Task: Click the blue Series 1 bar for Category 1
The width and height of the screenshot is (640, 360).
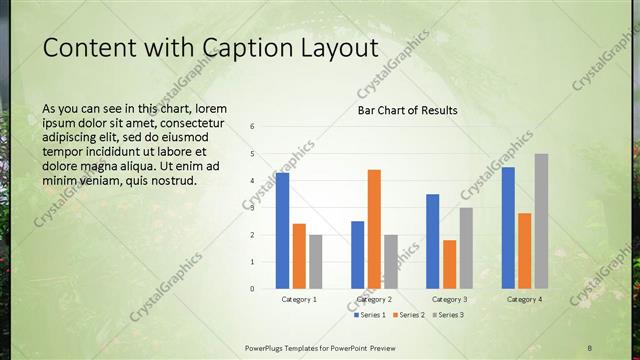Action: [282, 231]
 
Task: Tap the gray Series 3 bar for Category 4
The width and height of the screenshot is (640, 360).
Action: [541, 221]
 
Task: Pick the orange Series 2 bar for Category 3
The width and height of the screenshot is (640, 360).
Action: [449, 264]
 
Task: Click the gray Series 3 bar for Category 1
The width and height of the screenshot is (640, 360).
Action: [315, 262]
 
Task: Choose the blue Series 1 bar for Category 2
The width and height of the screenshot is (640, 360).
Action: [357, 255]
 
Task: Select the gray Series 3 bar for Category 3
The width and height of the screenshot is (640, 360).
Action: [466, 248]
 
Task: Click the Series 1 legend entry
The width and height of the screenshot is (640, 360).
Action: [370, 315]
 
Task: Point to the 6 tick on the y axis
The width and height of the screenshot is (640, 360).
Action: [252, 127]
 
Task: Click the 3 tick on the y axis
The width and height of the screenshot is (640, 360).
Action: [252, 208]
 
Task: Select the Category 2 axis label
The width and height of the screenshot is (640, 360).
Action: [374, 299]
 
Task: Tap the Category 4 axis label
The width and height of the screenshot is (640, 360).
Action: [524, 299]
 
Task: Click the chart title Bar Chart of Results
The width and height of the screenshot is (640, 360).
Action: [408, 110]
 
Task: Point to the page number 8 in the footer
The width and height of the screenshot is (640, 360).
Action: [590, 347]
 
